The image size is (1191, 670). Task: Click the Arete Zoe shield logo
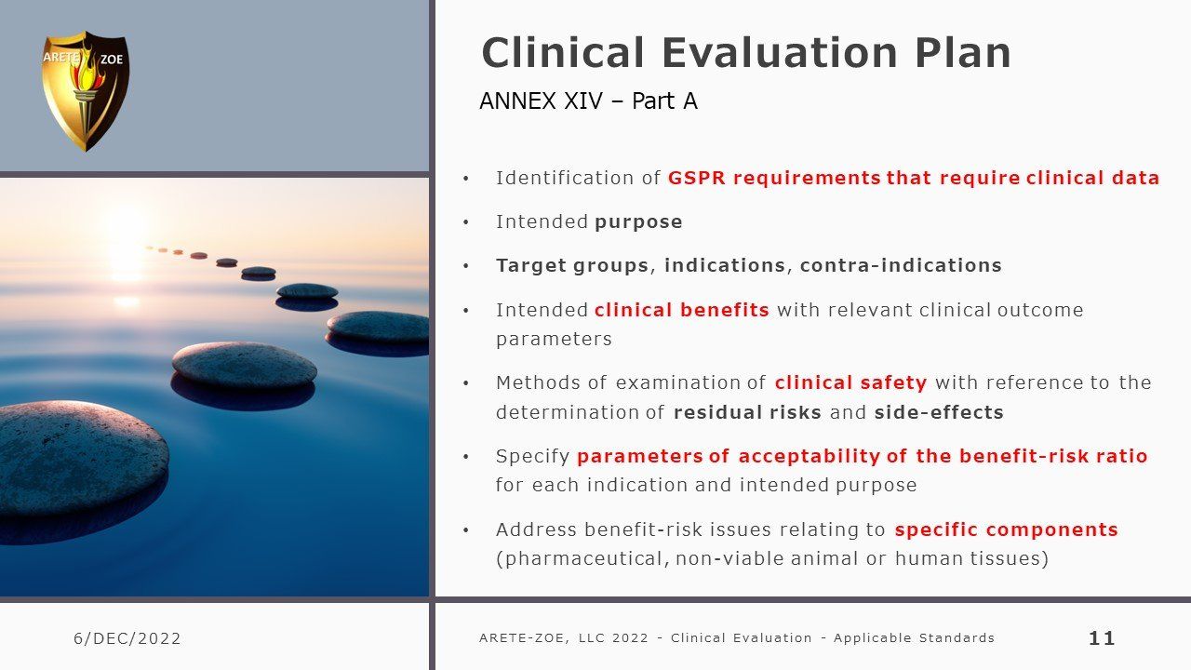[85, 91]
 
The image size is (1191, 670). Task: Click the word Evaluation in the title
[780, 53]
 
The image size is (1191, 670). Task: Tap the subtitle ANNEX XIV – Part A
[588, 101]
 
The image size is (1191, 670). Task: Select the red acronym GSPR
[697, 178]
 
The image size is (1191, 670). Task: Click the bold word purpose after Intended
[638, 222]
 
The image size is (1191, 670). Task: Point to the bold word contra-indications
[901, 265]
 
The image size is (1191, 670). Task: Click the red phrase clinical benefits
[682, 310]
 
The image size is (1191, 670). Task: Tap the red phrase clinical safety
[850, 382]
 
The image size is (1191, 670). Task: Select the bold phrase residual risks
[747, 412]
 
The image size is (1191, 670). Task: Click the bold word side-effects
[939, 412]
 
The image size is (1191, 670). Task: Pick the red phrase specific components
[1006, 529]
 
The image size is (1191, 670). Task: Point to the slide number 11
[1102, 638]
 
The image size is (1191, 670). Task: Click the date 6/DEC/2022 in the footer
[127, 638]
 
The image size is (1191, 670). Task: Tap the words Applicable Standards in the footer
[914, 637]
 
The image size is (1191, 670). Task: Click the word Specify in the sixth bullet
[532, 456]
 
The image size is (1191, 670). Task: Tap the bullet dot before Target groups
[466, 266]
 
